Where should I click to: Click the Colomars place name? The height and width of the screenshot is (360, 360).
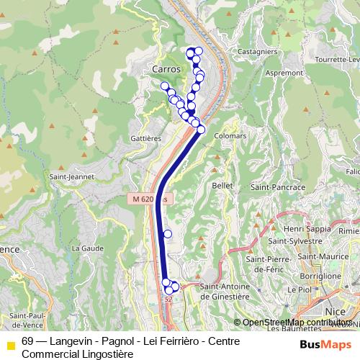(x=230, y=135)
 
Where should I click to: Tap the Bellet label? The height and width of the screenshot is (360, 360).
(x=220, y=185)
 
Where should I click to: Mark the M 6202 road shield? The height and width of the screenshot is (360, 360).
(x=150, y=198)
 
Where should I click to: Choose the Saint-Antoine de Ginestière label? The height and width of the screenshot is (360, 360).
(x=224, y=291)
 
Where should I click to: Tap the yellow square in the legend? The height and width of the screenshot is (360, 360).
(x=11, y=345)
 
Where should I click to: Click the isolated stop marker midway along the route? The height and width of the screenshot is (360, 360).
(x=168, y=233)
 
